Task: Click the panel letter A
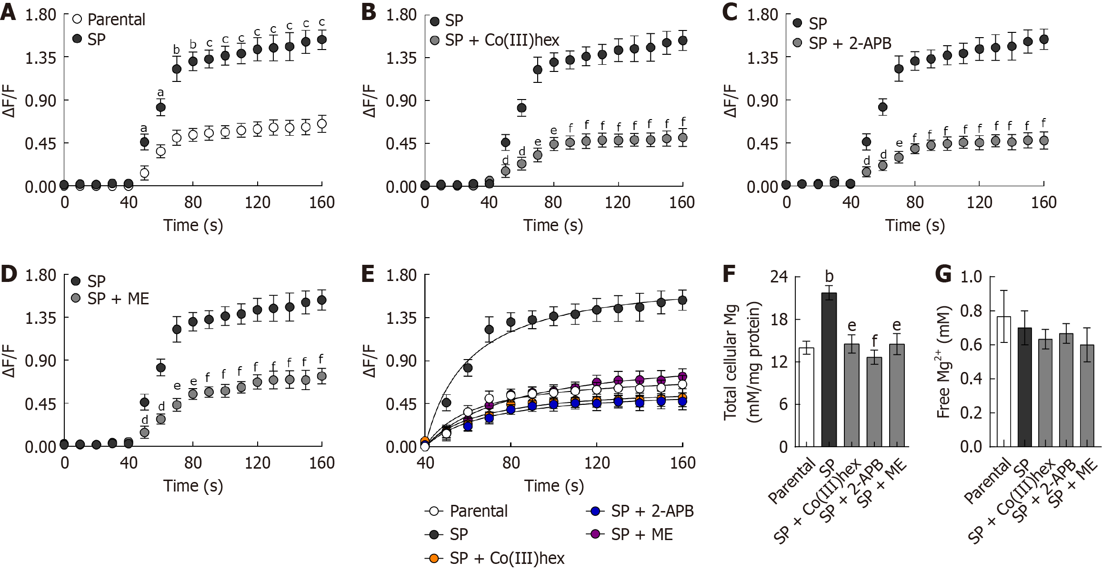click(x=8, y=12)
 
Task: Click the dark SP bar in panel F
click(x=829, y=370)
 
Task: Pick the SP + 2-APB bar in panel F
click(x=874, y=402)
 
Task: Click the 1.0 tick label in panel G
click(x=971, y=277)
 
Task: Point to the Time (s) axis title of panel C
click(x=914, y=225)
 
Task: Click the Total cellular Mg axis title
click(x=731, y=362)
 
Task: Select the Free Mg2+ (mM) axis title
click(x=943, y=362)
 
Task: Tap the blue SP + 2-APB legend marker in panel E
click(x=595, y=512)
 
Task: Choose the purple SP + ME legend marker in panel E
click(x=595, y=534)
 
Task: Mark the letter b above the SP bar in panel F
click(x=829, y=276)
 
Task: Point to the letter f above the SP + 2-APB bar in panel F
click(x=874, y=341)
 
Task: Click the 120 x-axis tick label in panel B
click(x=618, y=202)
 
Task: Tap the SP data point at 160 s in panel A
click(x=322, y=40)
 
